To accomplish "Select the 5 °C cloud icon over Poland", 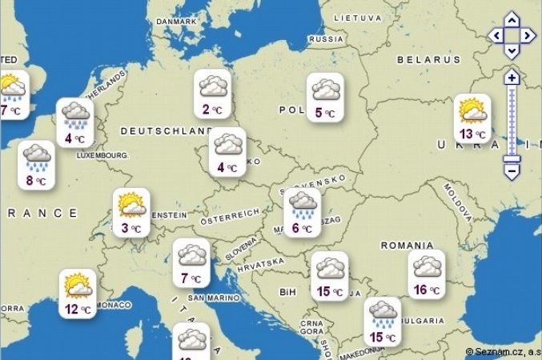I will click(327, 97).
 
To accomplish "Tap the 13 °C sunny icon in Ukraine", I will click(472, 118).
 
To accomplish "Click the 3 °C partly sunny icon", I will click(131, 212).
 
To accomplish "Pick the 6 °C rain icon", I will click(303, 211).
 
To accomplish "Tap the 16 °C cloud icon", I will click(427, 274).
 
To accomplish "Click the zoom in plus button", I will click(512, 78).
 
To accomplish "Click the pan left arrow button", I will click(496, 36).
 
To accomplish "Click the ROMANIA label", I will click(407, 245).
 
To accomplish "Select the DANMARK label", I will click(177, 22).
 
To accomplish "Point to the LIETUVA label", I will click(357, 17).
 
